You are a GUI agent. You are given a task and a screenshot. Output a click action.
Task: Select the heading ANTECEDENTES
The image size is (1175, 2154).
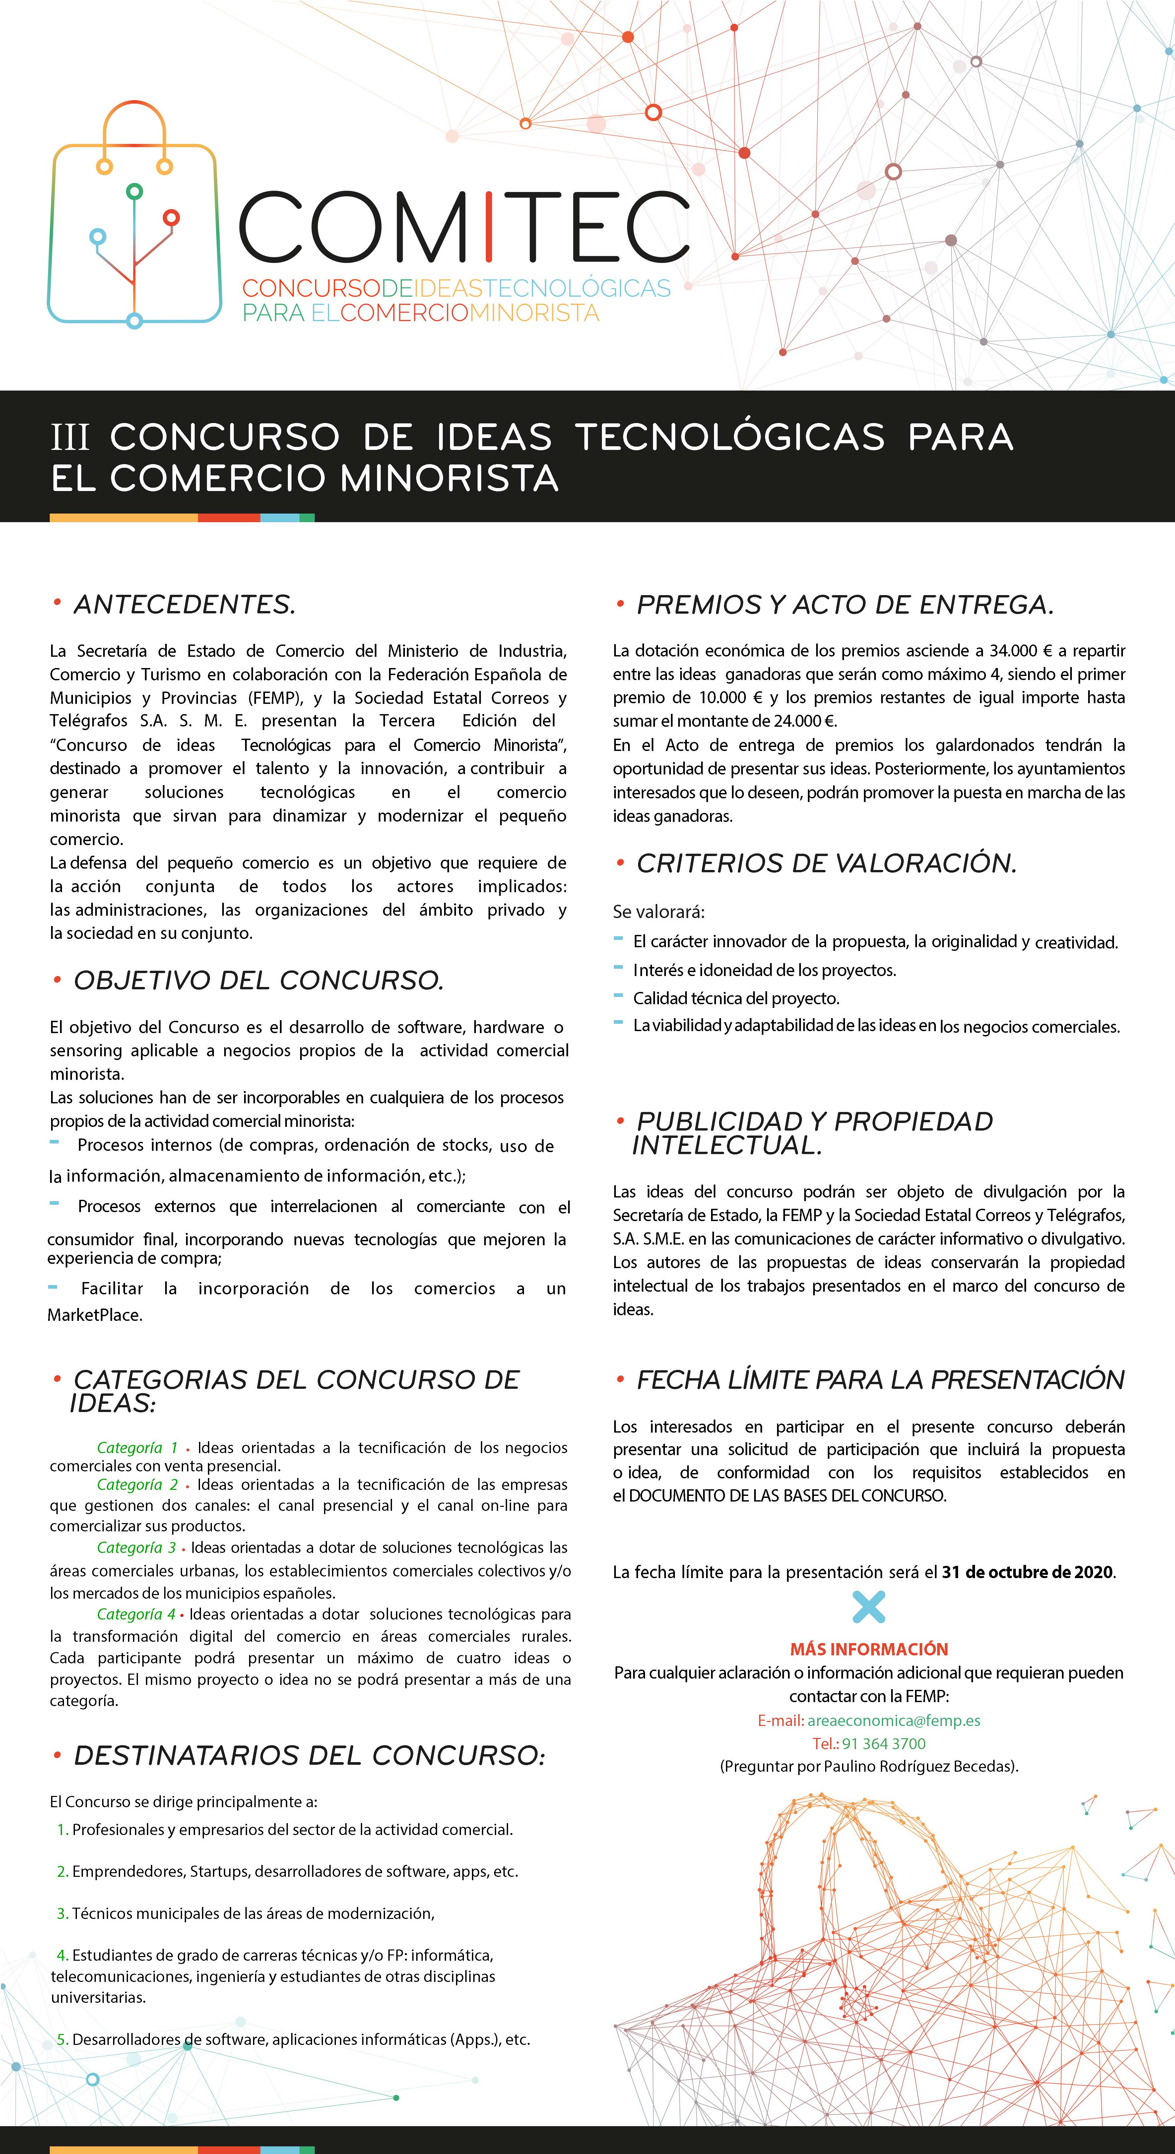point(184,604)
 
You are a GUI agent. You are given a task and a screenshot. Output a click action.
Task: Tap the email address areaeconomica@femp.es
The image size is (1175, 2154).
point(893,1720)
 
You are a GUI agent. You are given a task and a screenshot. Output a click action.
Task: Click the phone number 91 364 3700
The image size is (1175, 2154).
point(883,1744)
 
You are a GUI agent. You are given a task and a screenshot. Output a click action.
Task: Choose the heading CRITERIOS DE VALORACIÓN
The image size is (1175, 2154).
point(826,864)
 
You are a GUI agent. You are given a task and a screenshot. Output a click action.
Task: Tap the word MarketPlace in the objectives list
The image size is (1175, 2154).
point(95,1315)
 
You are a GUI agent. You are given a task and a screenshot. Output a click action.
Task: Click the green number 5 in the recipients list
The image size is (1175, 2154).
point(63,2039)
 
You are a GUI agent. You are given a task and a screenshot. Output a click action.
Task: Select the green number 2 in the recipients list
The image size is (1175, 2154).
point(63,1872)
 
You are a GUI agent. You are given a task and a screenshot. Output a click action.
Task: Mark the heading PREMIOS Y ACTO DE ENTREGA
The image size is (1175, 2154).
point(845,604)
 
